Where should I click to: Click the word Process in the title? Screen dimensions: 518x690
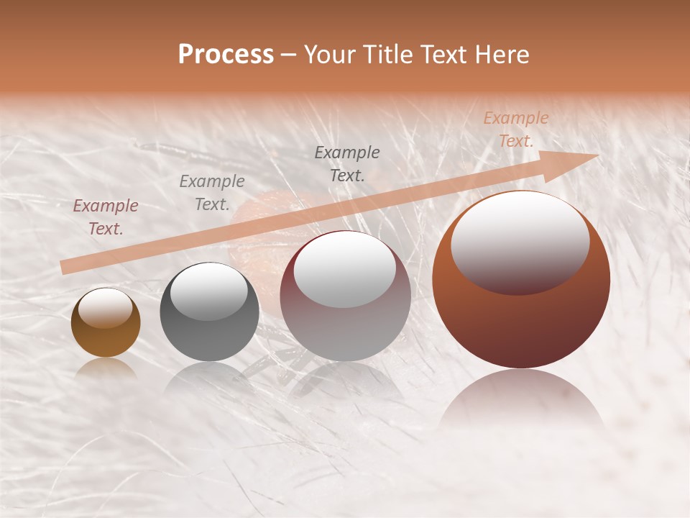point(226,55)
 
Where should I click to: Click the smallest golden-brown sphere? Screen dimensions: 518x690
point(106,322)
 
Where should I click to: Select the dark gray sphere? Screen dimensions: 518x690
point(209,312)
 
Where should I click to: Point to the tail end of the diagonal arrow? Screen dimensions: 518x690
point(63,268)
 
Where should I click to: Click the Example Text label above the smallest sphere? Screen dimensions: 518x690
point(106,217)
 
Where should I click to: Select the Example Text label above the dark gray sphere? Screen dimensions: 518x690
point(212,193)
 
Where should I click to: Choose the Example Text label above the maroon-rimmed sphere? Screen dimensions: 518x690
point(347,164)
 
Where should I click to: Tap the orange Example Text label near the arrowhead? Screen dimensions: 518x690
point(515,129)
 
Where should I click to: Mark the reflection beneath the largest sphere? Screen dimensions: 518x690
point(521,399)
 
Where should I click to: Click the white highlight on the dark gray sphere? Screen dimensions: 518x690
point(209,291)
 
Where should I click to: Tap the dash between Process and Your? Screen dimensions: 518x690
point(289,55)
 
